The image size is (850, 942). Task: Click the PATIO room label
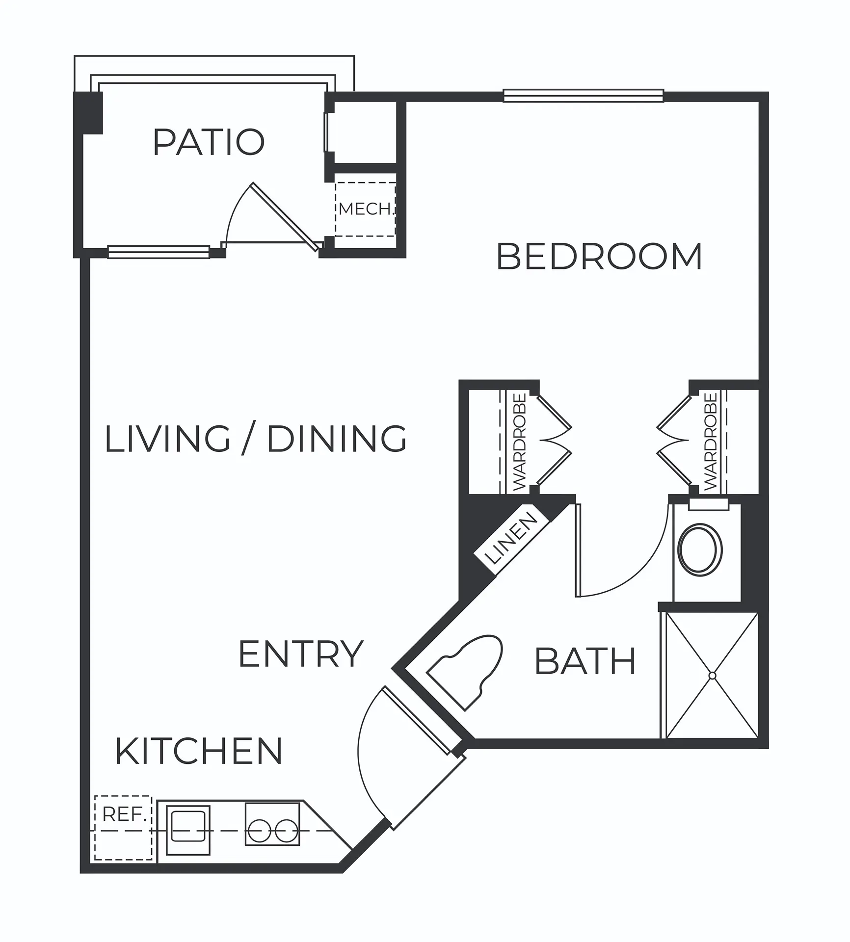click(209, 142)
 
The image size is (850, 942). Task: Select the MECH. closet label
click(366, 209)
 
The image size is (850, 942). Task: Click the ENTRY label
click(300, 654)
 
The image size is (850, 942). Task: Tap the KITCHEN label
click(199, 751)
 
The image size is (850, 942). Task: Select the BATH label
click(585, 661)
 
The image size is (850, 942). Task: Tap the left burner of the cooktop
click(259, 831)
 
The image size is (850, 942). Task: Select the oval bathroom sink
click(700, 549)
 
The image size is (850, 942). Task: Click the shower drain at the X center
click(712, 676)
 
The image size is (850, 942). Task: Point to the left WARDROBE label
click(520, 442)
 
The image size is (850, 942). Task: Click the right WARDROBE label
click(710, 442)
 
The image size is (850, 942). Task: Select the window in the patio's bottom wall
click(159, 252)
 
